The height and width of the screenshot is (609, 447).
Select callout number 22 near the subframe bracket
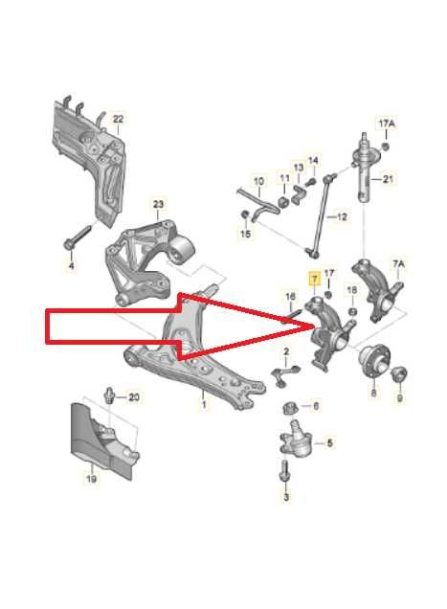point(118,120)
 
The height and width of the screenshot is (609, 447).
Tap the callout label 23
point(159,204)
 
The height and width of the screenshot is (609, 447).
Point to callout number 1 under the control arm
point(203,405)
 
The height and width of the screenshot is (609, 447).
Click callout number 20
point(133,396)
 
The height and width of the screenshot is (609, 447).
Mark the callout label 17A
point(386,124)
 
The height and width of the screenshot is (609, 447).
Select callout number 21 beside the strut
point(388,179)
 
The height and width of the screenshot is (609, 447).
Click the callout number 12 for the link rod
point(342,216)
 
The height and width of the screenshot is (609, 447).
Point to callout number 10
point(257,180)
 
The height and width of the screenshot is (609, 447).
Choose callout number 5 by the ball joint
point(330,442)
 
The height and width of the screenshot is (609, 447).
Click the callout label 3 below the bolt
point(285,497)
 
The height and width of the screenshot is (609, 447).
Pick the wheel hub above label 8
point(371,363)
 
